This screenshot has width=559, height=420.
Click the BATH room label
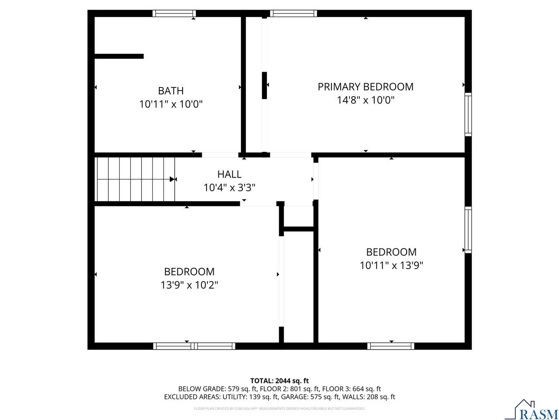(x=171, y=91)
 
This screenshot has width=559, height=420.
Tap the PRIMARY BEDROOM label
(x=366, y=87)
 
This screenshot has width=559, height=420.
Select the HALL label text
(x=229, y=174)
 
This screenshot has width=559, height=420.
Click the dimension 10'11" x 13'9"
(x=391, y=265)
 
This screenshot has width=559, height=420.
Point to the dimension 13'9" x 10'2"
(x=189, y=285)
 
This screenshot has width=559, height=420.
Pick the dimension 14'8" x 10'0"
(x=366, y=100)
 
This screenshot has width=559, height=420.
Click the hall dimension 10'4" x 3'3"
(x=229, y=188)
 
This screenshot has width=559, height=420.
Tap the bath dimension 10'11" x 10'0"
(x=171, y=104)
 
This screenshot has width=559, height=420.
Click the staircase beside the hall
(x=135, y=179)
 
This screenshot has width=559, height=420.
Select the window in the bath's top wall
(x=174, y=14)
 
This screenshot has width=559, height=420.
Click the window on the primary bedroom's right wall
(x=468, y=115)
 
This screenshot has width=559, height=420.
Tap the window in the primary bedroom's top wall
(x=293, y=14)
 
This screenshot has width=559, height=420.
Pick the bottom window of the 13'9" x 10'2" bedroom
(x=194, y=346)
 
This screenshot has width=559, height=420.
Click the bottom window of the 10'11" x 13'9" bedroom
(x=390, y=346)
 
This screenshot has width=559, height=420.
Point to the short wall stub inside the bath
(x=119, y=56)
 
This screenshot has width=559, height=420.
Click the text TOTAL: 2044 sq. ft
(x=279, y=381)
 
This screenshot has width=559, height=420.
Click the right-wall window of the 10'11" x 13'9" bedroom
(x=468, y=230)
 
